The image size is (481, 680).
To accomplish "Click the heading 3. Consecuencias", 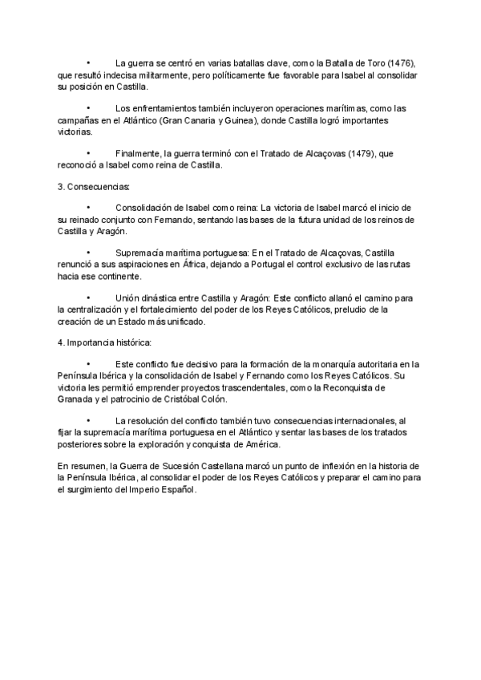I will click(x=88, y=185).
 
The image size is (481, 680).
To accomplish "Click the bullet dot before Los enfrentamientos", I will click(x=89, y=108).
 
